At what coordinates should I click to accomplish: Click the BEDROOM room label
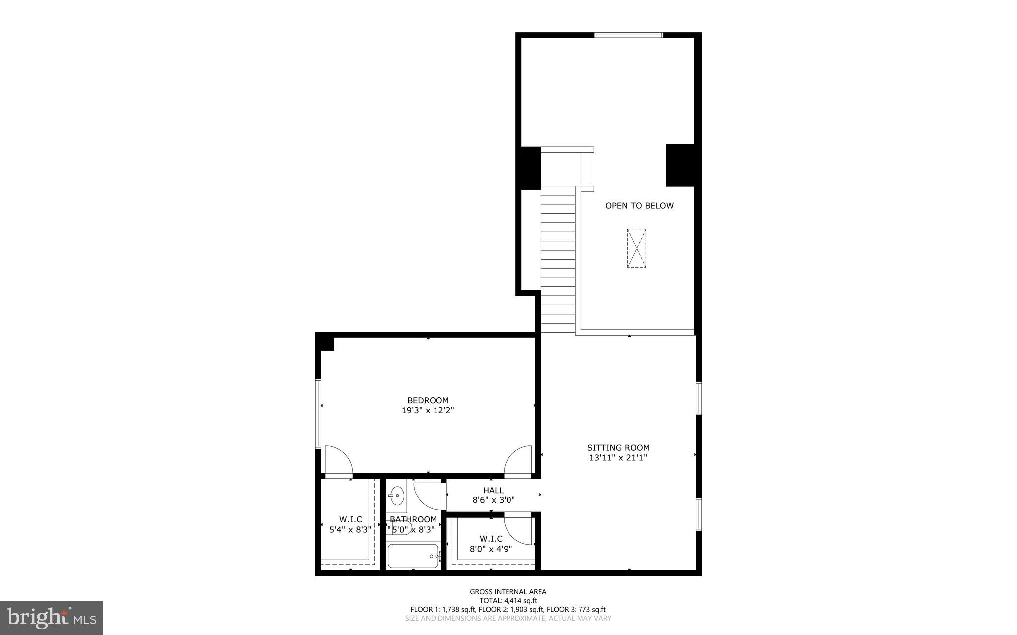[x=428, y=400]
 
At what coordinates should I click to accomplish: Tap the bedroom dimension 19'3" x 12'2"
[x=428, y=411]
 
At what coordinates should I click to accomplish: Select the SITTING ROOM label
[x=618, y=447]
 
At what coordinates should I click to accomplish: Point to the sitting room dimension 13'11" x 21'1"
[x=618, y=458]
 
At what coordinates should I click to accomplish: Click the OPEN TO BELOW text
[x=639, y=205]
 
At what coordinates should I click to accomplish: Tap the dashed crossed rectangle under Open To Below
[x=636, y=248]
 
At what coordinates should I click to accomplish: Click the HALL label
[x=493, y=490]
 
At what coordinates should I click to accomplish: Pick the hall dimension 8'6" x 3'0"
[x=493, y=500]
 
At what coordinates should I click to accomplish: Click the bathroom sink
[x=396, y=495]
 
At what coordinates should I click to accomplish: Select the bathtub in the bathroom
[x=413, y=557]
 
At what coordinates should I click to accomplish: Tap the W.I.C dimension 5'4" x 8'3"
[x=350, y=530]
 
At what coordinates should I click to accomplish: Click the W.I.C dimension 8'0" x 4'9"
[x=491, y=549]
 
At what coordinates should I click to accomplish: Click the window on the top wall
[x=629, y=35]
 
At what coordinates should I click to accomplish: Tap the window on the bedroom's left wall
[x=318, y=414]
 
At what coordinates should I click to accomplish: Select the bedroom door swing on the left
[x=338, y=460]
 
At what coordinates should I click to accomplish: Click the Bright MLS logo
[x=52, y=618]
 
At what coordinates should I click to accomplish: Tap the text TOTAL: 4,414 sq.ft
[x=508, y=600]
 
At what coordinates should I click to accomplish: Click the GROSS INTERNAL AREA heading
[x=508, y=591]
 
